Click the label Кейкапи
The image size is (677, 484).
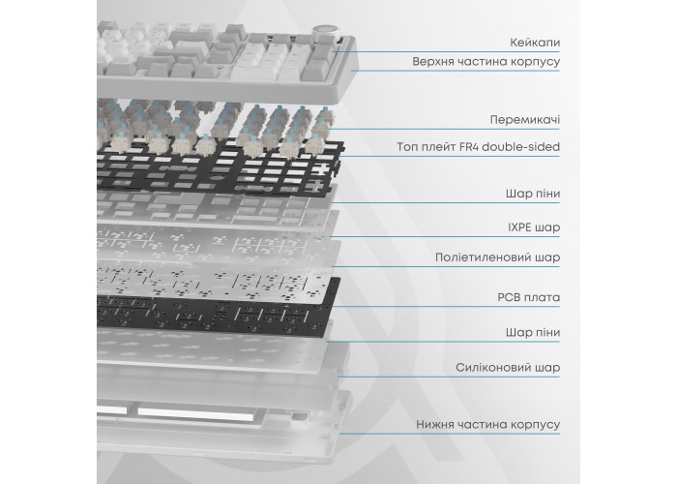click(x=535, y=43)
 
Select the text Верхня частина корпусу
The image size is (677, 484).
click(x=486, y=61)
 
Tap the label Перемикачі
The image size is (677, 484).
click(x=525, y=119)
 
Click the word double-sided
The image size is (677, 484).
click(x=520, y=146)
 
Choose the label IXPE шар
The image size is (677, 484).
click(x=534, y=227)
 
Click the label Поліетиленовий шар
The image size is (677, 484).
click(x=498, y=257)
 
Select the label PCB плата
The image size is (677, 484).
click(x=529, y=297)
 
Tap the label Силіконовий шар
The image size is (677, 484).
click(x=508, y=367)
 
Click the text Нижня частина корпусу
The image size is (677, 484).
click(x=487, y=424)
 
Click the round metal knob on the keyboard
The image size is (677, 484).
click(x=325, y=32)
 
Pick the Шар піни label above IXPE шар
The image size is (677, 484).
click(x=533, y=194)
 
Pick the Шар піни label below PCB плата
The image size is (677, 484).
click(x=533, y=332)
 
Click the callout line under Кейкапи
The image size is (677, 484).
click(x=447, y=52)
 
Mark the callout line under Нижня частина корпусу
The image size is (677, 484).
click(x=450, y=434)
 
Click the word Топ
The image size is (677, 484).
click(x=406, y=147)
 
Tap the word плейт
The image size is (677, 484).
click(x=437, y=147)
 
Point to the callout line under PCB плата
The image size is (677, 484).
click(x=444, y=307)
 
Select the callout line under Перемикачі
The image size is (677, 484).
click(x=445, y=129)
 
